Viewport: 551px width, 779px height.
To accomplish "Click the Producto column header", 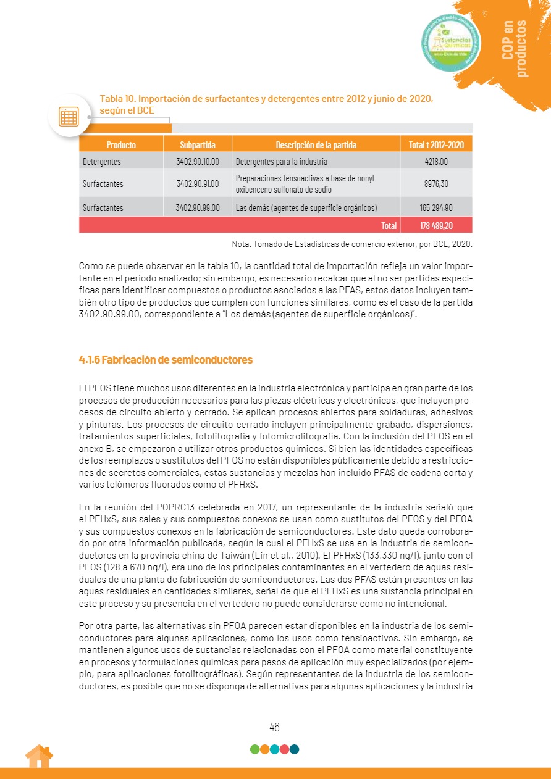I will click(x=121, y=145).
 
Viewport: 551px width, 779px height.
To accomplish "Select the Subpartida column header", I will click(x=198, y=145).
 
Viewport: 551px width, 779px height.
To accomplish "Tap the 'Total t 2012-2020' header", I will click(x=436, y=145).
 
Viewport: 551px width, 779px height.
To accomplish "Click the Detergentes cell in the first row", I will click(x=102, y=162).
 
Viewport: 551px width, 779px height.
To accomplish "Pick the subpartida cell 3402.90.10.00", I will click(x=198, y=162).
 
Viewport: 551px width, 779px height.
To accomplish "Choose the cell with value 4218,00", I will click(x=436, y=162).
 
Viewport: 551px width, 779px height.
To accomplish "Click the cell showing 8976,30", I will click(x=436, y=184).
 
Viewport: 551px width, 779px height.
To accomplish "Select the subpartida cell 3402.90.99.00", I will click(x=198, y=208).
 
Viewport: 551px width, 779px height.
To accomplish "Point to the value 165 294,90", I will click(x=436, y=208).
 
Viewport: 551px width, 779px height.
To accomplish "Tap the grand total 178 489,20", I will click(x=436, y=226).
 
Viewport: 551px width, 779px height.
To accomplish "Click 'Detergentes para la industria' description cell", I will click(x=282, y=162).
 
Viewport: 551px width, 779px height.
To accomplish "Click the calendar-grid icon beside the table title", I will click(x=69, y=116).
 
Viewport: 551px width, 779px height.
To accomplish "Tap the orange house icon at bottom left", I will click(x=39, y=756).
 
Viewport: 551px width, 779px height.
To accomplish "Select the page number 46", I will click(x=275, y=727).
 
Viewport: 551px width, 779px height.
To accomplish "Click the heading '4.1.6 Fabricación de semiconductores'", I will click(x=166, y=359).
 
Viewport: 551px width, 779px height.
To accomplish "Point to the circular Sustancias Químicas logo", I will click(x=451, y=42).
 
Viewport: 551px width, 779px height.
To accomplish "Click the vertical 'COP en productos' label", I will click(x=515, y=48).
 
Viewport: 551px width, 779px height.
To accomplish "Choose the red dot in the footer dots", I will click(x=285, y=749).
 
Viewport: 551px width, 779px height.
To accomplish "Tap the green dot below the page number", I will click(x=255, y=749).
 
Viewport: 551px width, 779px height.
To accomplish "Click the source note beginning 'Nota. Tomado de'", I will click(x=351, y=244).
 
